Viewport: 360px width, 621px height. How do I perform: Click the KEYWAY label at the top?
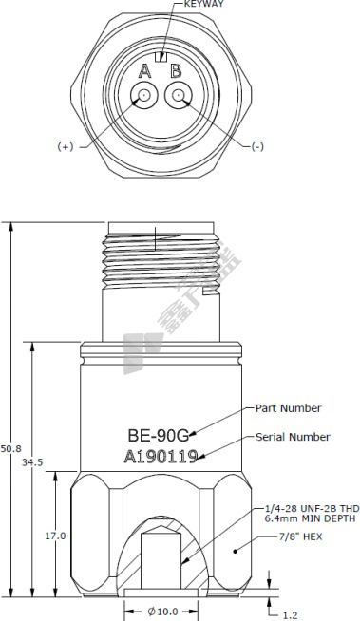point(204,4)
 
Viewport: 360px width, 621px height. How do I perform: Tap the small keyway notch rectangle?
point(161,57)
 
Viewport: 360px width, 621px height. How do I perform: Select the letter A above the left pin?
point(144,71)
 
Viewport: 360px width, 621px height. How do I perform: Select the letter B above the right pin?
point(176,71)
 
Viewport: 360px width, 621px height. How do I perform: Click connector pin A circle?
point(144,95)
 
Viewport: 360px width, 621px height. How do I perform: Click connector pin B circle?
point(179,95)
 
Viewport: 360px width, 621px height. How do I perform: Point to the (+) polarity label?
point(66,147)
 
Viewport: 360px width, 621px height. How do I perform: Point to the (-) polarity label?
point(257,147)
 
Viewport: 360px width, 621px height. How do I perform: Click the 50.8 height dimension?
point(10,449)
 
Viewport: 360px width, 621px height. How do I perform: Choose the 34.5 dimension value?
point(32,462)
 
